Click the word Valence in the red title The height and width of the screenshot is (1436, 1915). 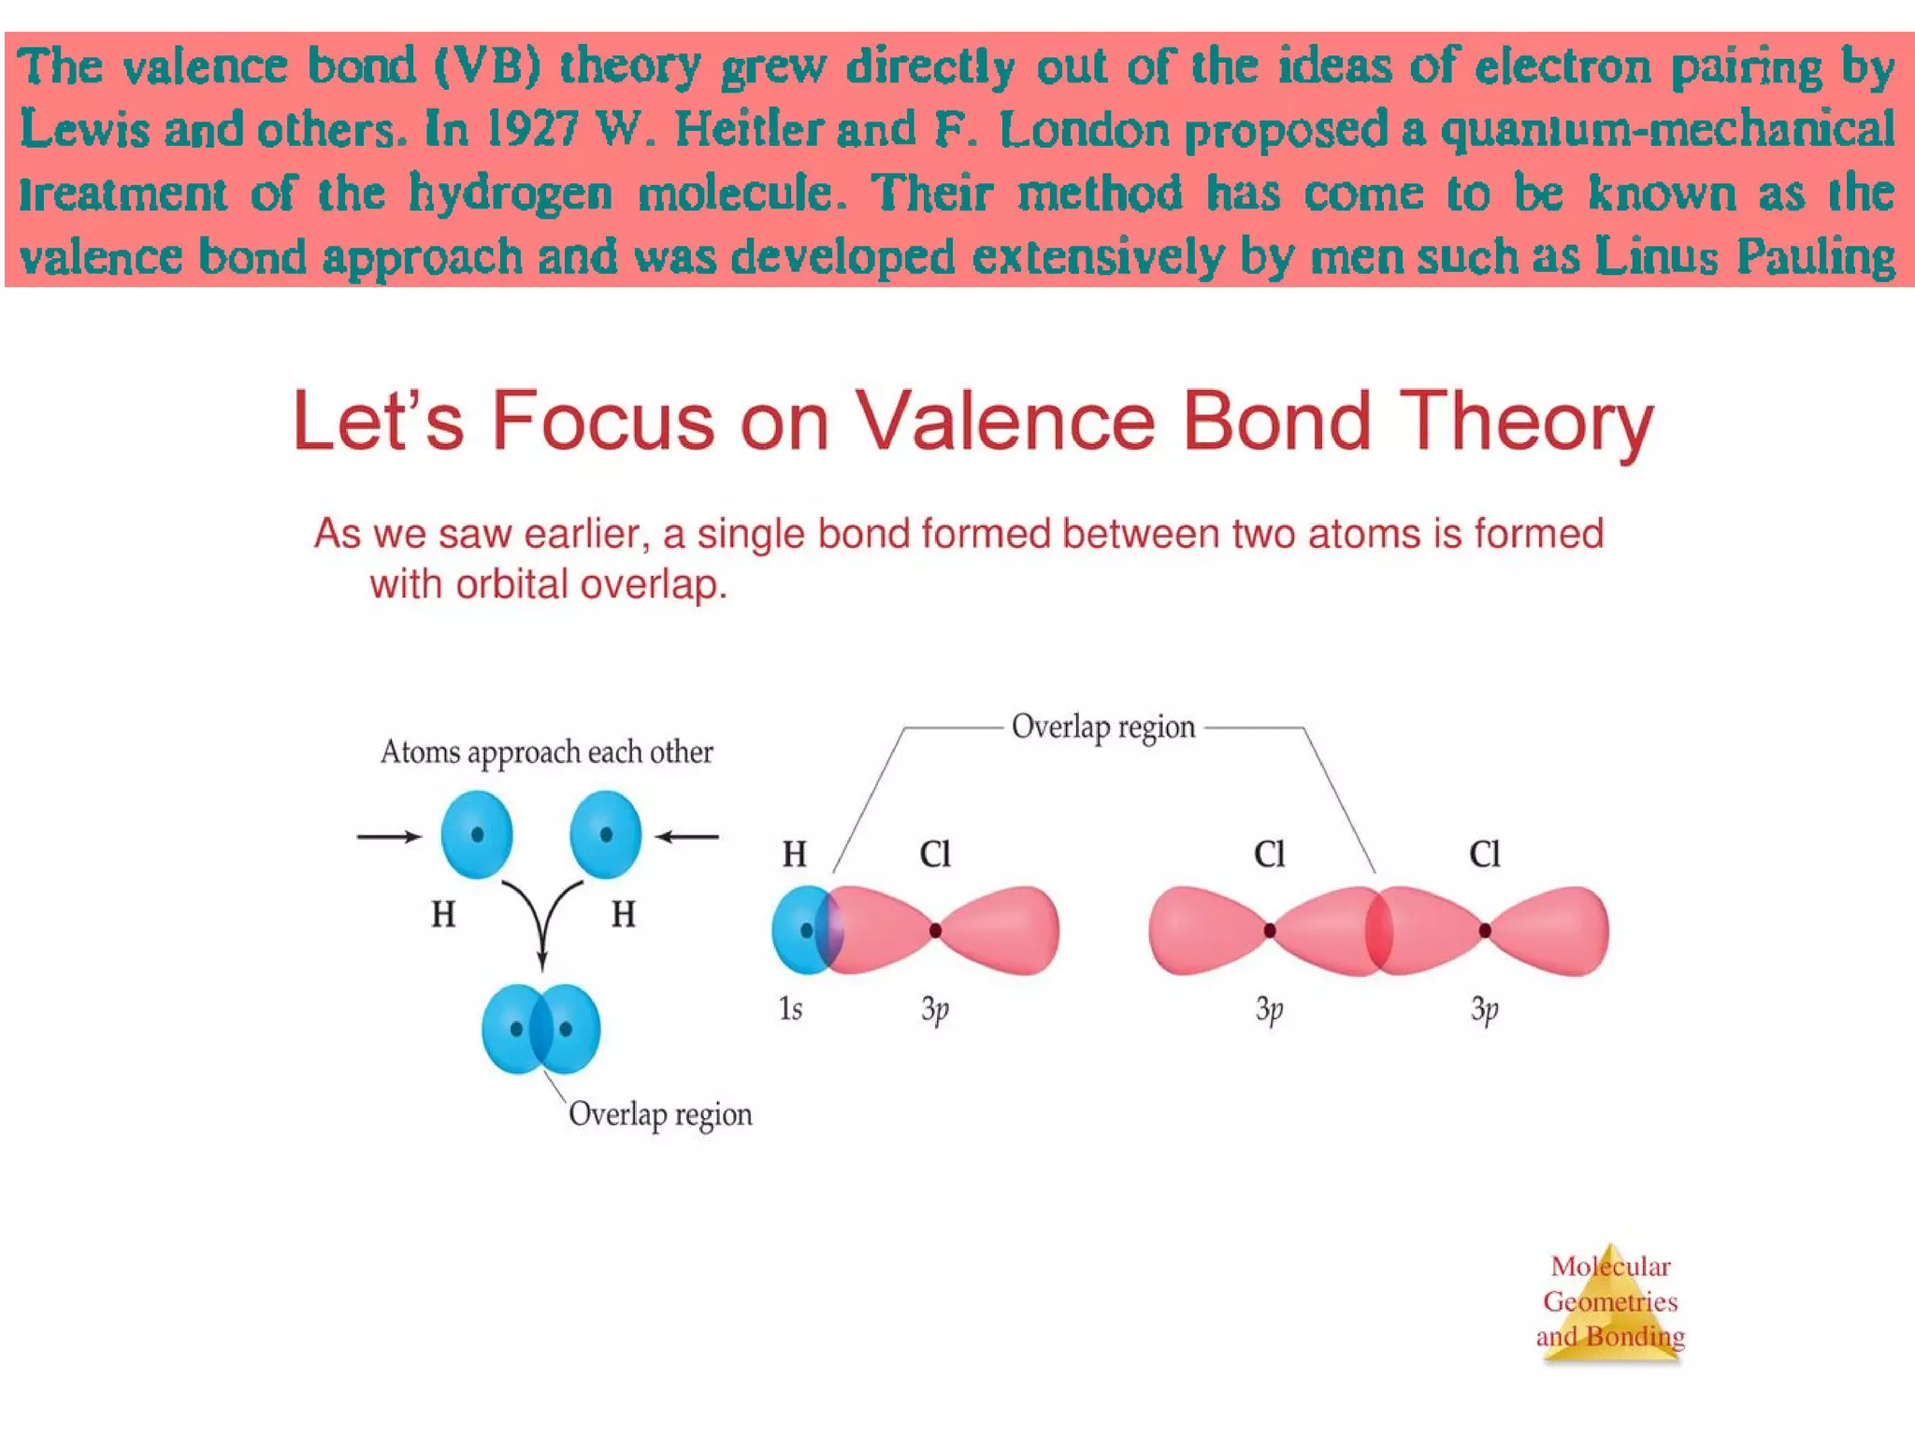coord(1006,422)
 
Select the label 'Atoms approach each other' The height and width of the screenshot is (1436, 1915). coord(546,753)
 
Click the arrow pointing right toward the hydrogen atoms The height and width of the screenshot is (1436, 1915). coord(388,837)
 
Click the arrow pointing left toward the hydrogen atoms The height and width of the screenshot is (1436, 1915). coord(687,837)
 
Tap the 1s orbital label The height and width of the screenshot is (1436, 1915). coord(790,1009)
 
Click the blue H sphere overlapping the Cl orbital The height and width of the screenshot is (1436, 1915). coord(799,930)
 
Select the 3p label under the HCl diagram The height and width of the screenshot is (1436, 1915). coord(935,1009)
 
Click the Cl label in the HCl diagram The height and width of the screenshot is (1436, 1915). coord(935,854)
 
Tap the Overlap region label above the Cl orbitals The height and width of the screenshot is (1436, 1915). coord(1103,727)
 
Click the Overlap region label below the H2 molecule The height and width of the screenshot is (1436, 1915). coord(660,1114)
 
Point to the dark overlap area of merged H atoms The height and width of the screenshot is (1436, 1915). coord(541,1029)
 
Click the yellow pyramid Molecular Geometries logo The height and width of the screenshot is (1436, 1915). coord(1610,1304)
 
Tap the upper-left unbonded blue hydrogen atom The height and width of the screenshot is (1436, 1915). coord(477,835)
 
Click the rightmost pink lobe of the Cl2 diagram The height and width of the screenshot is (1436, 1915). coord(1557,931)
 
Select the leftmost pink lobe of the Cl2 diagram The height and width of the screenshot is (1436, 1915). coord(1202,931)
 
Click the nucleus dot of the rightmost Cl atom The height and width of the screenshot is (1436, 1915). coord(1485,930)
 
